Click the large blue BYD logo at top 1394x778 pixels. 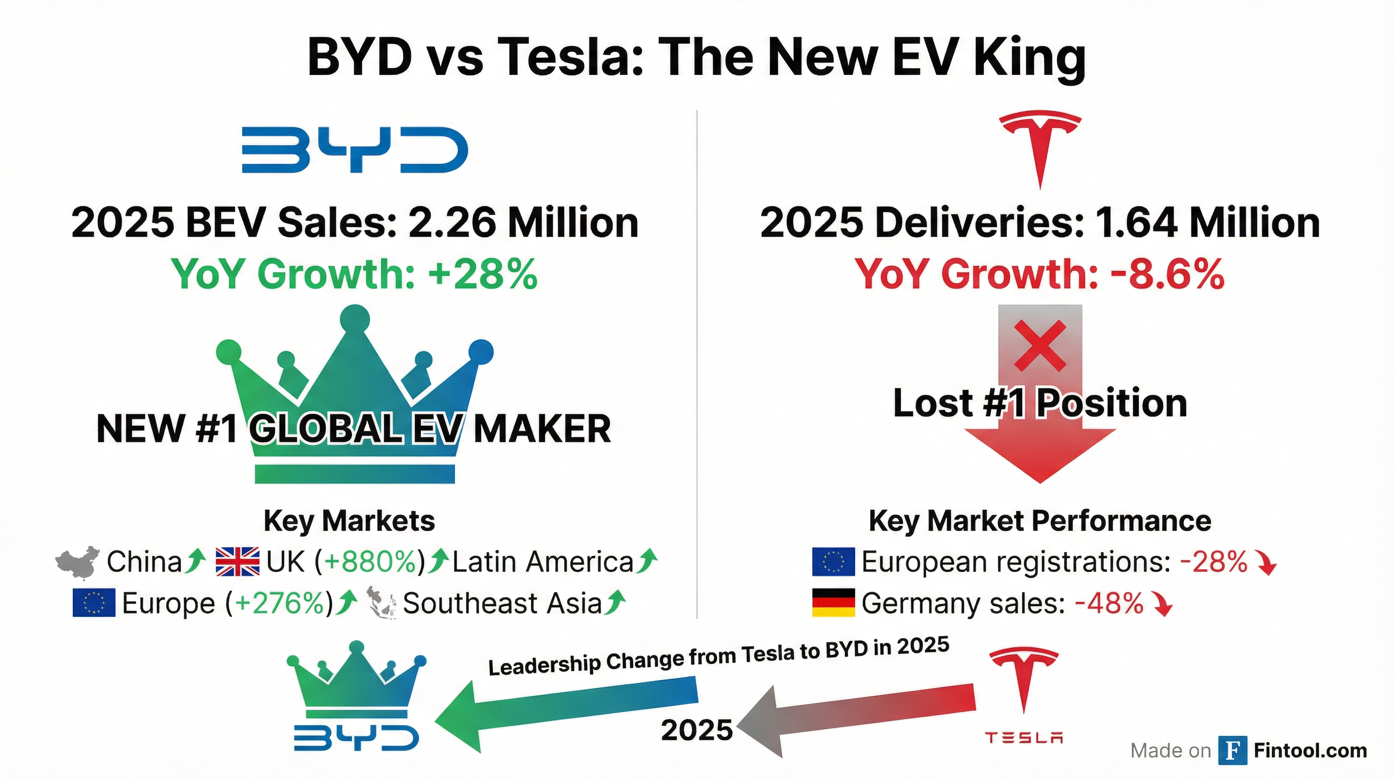click(355, 150)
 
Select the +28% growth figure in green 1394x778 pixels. click(483, 275)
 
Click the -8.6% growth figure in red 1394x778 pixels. click(1167, 275)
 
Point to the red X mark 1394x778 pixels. click(1039, 345)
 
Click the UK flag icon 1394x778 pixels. click(237, 562)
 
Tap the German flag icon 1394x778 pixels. click(833, 603)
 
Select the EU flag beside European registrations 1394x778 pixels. click(833, 562)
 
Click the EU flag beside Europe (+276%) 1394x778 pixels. click(94, 603)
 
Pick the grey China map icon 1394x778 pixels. click(78, 562)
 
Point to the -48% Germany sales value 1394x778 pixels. click(1109, 603)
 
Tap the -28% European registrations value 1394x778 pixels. click(1213, 562)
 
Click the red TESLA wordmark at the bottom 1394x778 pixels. click(1023, 738)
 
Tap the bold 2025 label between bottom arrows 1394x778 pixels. click(696, 730)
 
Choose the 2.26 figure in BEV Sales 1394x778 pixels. click(452, 223)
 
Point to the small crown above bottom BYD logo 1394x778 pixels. click(356, 680)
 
